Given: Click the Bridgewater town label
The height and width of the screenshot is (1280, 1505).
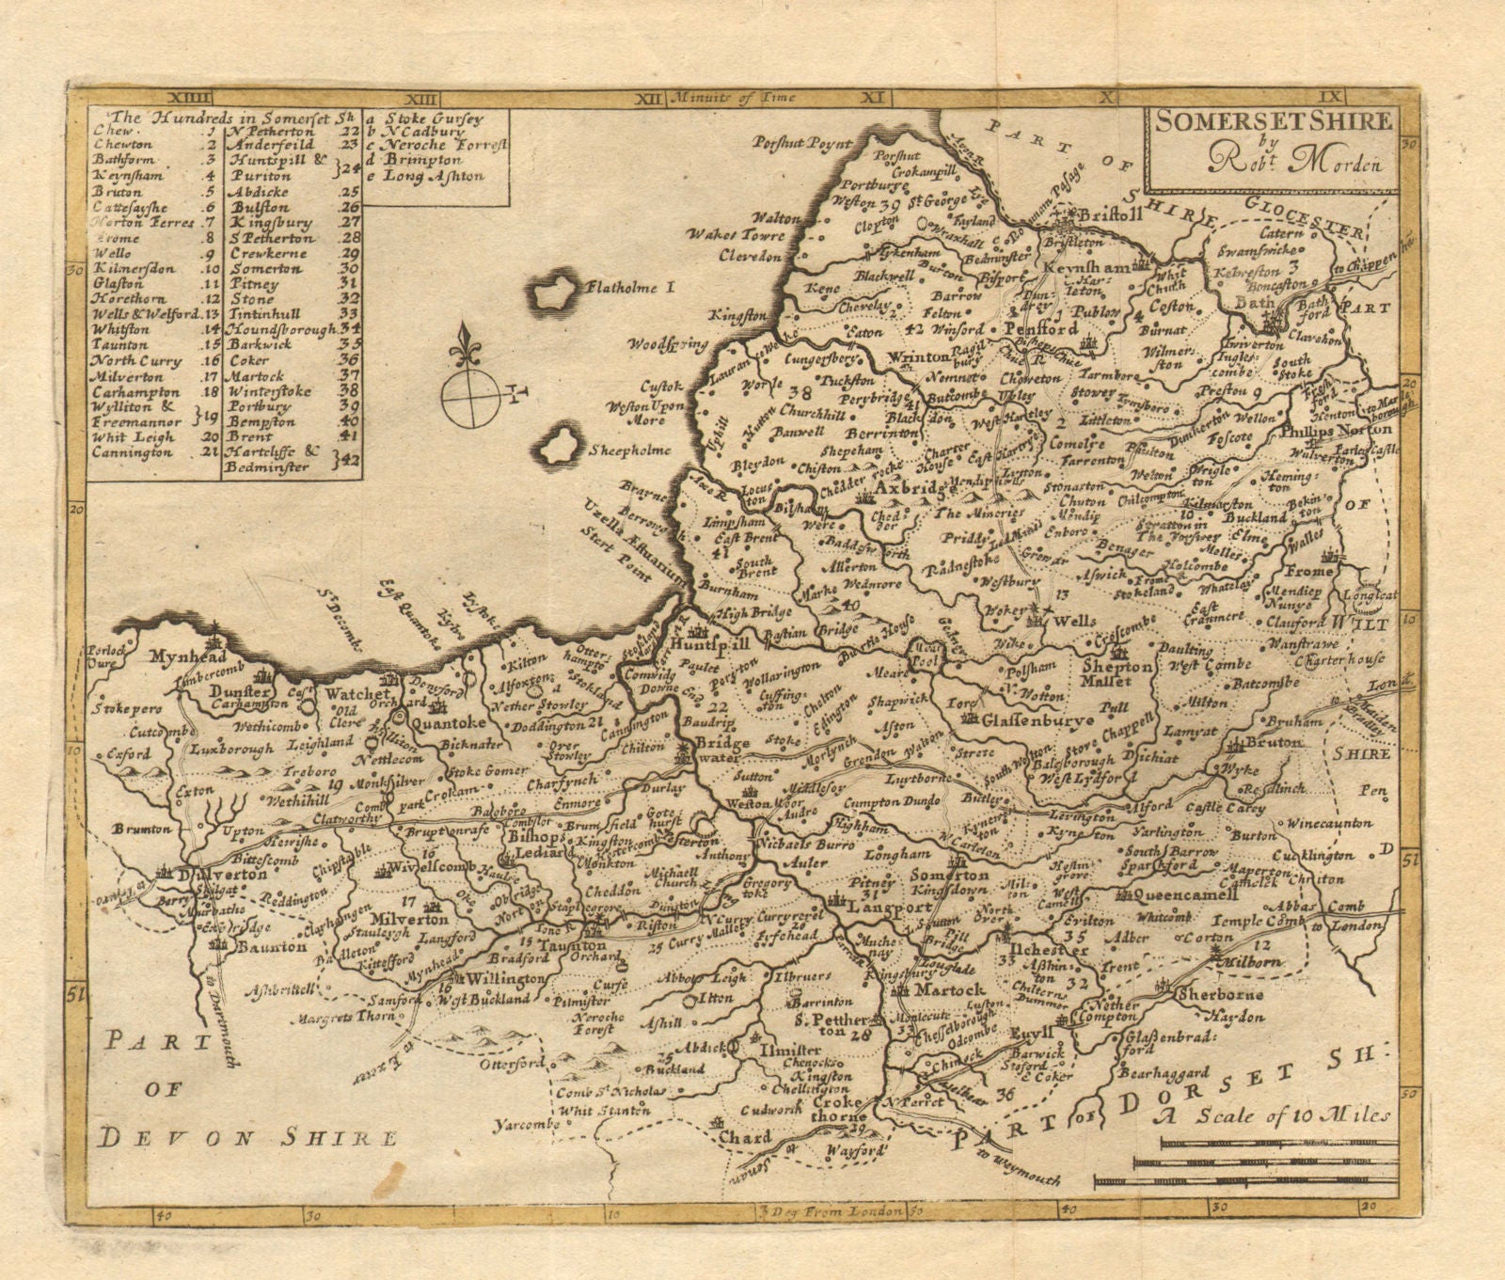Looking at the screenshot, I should (x=717, y=750).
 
